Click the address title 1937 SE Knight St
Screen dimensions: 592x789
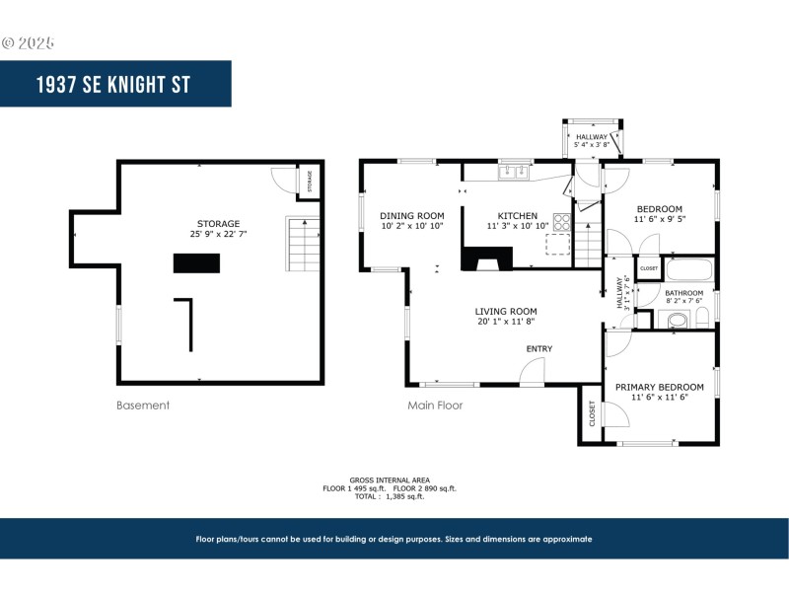tap(115, 84)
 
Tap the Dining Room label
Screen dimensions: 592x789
tap(412, 215)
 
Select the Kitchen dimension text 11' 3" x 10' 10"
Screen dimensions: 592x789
tap(517, 226)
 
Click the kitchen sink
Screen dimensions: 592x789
tap(514, 172)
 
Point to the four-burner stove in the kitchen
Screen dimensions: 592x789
tap(562, 221)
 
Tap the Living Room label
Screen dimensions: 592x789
tap(506, 312)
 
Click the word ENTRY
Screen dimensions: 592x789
tap(539, 348)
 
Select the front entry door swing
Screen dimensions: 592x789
tap(533, 372)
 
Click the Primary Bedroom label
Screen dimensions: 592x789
tap(659, 387)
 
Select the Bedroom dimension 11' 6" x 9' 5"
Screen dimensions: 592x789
tap(659, 219)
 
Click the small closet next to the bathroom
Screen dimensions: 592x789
tap(649, 268)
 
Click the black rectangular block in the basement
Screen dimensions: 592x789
tap(196, 262)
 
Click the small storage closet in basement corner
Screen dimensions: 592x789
tap(309, 182)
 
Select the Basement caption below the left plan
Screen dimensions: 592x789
tap(143, 405)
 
